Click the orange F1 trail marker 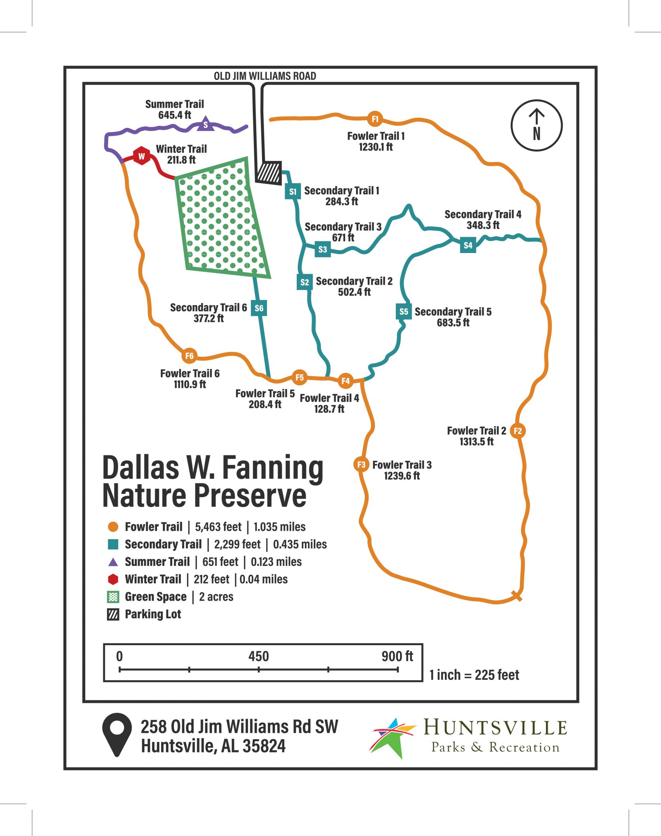(x=375, y=119)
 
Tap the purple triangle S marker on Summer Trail (x=206, y=124)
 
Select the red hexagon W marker (x=142, y=156)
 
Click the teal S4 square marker (x=468, y=245)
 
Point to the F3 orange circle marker (x=361, y=464)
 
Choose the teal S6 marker (x=259, y=308)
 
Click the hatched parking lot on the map (x=269, y=172)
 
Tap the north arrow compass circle (x=536, y=125)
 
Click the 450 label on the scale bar (x=259, y=656)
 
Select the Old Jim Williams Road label (x=265, y=76)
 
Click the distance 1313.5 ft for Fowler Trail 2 (x=476, y=442)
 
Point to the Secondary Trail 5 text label (x=453, y=312)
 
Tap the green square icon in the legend (x=113, y=597)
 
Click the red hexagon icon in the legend (x=113, y=579)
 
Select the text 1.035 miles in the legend (x=280, y=527)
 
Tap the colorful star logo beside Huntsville (x=393, y=737)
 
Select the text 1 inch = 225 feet (x=474, y=675)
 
